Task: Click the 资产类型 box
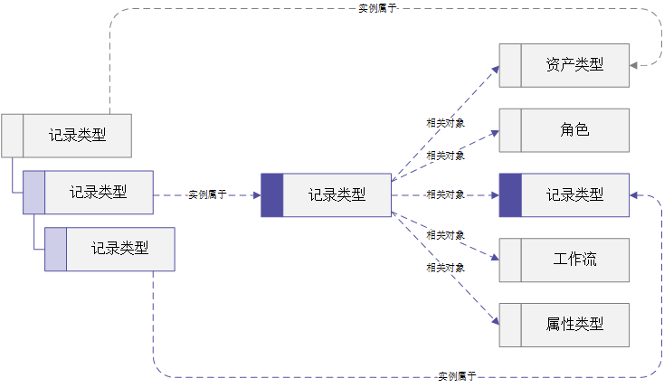[564, 65]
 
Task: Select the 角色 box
[564, 130]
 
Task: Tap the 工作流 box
[564, 260]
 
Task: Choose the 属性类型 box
[564, 325]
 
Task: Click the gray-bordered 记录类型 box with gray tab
[66, 136]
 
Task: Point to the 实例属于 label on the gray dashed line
[377, 8]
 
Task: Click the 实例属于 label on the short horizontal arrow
[207, 194]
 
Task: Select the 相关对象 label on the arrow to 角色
[445, 156]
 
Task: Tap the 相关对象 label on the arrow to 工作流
[445, 235]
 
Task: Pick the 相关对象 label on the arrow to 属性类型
[445, 268]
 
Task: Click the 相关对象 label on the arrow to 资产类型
[445, 123]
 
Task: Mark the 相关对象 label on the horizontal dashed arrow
[445, 194]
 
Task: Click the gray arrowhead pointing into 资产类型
[633, 65]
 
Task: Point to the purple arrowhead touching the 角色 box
[495, 134]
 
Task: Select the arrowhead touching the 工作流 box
[495, 257]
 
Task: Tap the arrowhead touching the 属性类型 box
[496, 321]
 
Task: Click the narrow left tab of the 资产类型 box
[510, 65]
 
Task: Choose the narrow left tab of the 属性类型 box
[510, 325]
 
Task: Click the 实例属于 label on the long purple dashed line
[457, 376]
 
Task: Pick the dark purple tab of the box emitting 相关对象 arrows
[272, 195]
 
